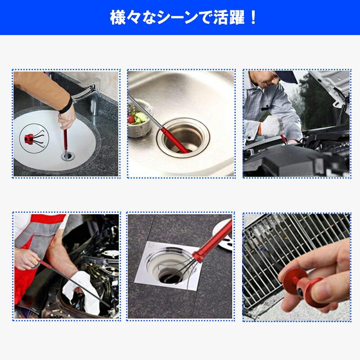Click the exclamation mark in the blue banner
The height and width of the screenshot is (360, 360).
[x=253, y=18]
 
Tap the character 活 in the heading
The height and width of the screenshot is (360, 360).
[x=221, y=18]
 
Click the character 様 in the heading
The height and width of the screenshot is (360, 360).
[x=118, y=18]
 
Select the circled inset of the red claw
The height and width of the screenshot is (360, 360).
[x=34, y=138]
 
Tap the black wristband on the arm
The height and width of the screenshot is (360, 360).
[x=66, y=106]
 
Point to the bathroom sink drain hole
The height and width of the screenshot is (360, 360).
[x=68, y=156]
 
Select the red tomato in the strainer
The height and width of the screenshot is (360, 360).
[x=131, y=119]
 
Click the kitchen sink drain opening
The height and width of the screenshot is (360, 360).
[x=183, y=138]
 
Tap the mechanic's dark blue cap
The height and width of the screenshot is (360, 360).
[x=286, y=76]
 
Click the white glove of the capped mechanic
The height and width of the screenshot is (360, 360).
[x=271, y=127]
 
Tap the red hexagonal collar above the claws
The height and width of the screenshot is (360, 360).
[x=198, y=256]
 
